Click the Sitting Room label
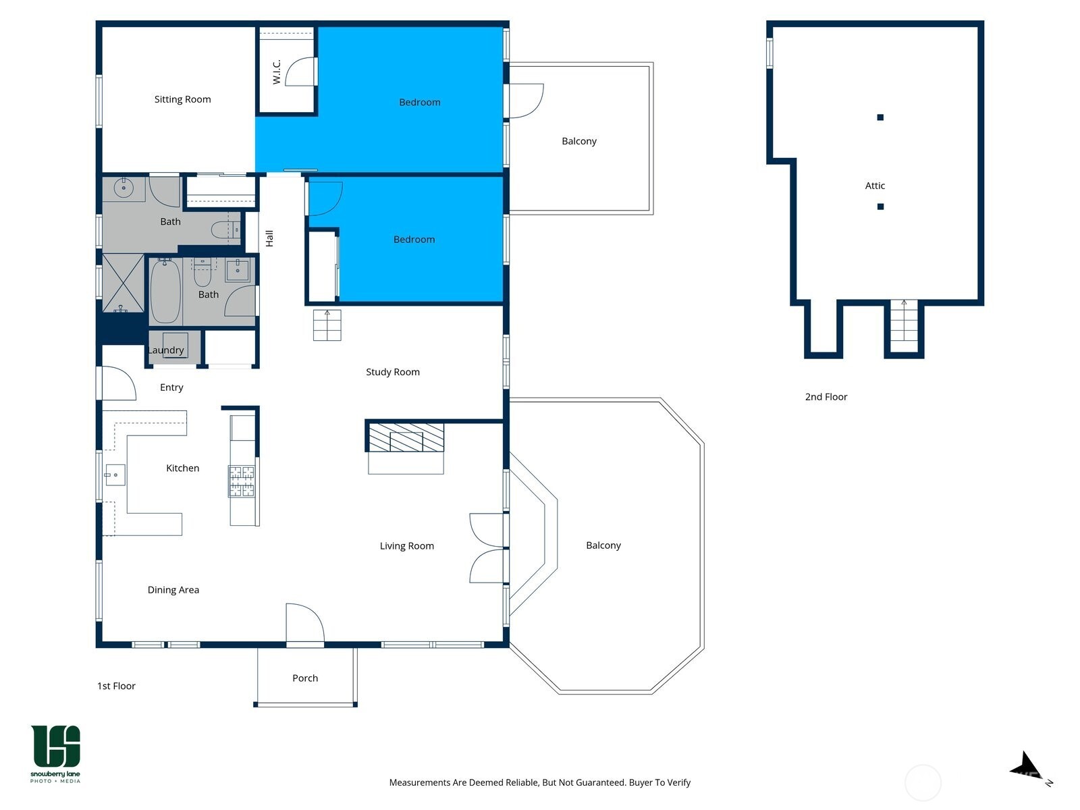pos(182,99)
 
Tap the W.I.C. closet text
pos(277,72)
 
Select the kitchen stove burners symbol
pos(242,481)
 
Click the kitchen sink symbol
pos(115,475)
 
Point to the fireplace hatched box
pos(406,437)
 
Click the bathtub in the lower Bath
pos(165,292)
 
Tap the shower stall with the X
pos(122,282)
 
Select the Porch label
pos(305,678)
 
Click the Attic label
pos(875,186)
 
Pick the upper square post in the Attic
pos(880,117)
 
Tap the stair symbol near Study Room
pos(327,325)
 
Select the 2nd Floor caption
pos(826,397)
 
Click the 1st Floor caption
pos(116,686)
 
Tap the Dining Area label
pos(173,590)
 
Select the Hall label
pos(269,238)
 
